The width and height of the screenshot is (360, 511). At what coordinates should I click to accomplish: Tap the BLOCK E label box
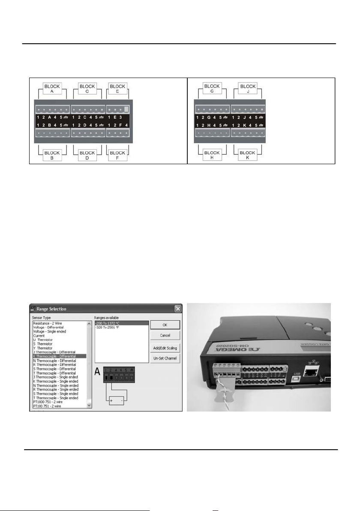click(x=117, y=89)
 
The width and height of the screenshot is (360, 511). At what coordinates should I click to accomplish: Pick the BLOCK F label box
click(x=117, y=155)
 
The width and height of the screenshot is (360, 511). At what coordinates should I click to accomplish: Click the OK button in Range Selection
click(x=165, y=325)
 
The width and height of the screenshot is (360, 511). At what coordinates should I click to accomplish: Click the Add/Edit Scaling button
click(x=165, y=348)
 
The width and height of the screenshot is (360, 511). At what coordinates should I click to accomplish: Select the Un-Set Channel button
click(x=165, y=358)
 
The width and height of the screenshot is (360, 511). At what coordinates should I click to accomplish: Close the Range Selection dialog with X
click(x=178, y=309)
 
